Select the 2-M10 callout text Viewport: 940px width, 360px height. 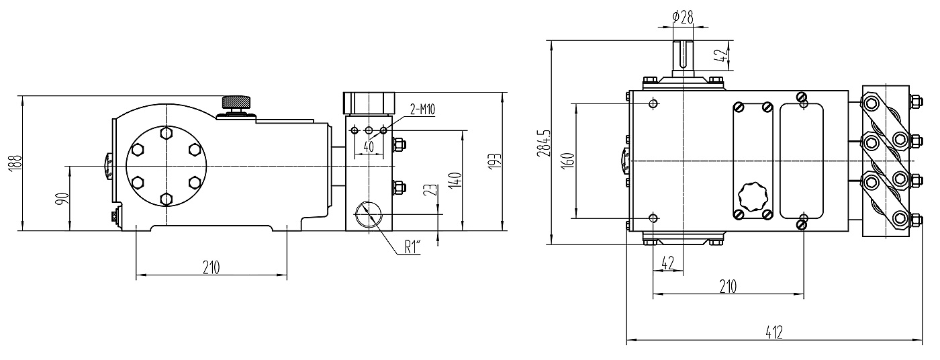(422, 110)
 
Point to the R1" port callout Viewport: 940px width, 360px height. (412, 247)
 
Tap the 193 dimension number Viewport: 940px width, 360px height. (493, 161)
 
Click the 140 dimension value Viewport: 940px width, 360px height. (455, 180)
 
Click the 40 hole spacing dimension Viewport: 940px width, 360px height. (368, 146)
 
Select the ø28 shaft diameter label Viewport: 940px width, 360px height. (683, 17)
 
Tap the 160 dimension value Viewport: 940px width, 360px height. (567, 161)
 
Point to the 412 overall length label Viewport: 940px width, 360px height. (774, 332)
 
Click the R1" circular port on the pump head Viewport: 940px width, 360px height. (367, 215)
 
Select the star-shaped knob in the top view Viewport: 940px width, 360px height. (752, 197)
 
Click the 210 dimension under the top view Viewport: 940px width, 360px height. (728, 287)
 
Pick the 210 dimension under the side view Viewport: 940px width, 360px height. (211, 267)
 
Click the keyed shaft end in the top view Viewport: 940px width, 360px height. (683, 57)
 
